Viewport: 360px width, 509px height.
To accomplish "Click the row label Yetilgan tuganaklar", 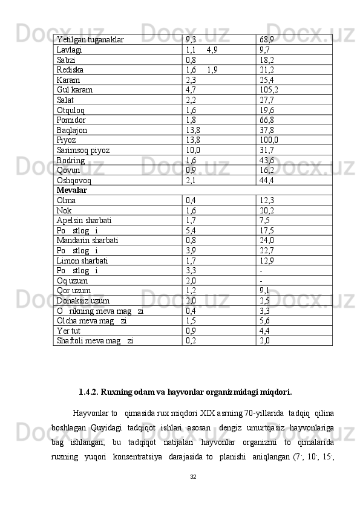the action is tap(90, 39).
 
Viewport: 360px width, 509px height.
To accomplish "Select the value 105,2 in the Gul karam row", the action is tap(269, 90).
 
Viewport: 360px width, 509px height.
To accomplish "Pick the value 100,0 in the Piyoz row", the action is tap(269, 140).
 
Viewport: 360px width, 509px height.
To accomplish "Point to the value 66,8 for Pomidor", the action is tap(267, 120).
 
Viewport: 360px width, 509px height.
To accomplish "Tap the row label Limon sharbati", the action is tap(82, 261).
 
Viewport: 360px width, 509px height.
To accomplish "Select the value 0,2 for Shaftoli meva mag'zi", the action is tap(191, 340).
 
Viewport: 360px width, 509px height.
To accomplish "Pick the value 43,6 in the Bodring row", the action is tap(267, 160).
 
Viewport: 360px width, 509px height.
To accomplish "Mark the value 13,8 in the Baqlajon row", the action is tap(194, 130).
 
